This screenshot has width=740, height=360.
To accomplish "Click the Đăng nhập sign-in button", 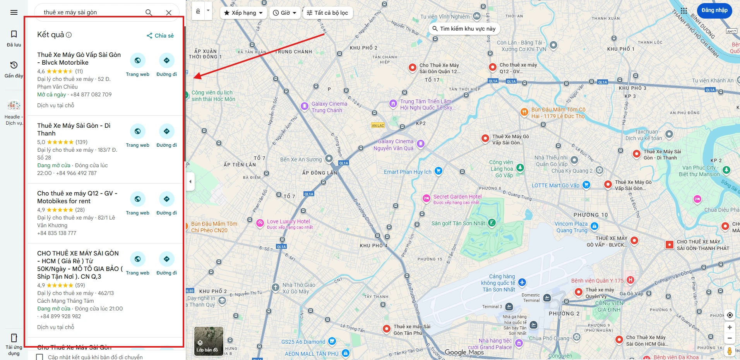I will pos(714,10).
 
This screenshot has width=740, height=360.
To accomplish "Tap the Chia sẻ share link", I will pos(160,36).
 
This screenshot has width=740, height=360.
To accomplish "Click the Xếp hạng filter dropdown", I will pos(243,13).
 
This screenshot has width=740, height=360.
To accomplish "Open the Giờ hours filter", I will pos(285,13).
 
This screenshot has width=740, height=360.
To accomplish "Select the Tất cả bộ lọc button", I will pos(327,13).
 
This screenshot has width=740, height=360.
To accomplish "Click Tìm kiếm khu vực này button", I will pos(464,29).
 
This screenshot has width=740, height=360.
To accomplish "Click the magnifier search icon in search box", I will pos(149,12).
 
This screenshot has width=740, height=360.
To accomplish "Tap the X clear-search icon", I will pos(169,12).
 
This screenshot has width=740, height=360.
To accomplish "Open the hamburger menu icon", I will pos(14,12).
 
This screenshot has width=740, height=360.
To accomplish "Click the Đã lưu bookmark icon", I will pos(14,34).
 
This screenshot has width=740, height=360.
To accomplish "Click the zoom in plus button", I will pos(730,327).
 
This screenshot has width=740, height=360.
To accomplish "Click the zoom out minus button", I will pos(730,338).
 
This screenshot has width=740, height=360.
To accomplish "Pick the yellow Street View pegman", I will pos(730,351).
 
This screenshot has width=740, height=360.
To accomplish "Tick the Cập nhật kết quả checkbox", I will pos(39,357).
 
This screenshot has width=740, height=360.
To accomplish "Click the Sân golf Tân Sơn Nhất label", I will pos(458,223).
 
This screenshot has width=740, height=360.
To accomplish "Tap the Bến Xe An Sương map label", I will pos(301,159).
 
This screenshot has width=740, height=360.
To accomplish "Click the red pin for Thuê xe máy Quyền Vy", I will pos(578,292).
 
